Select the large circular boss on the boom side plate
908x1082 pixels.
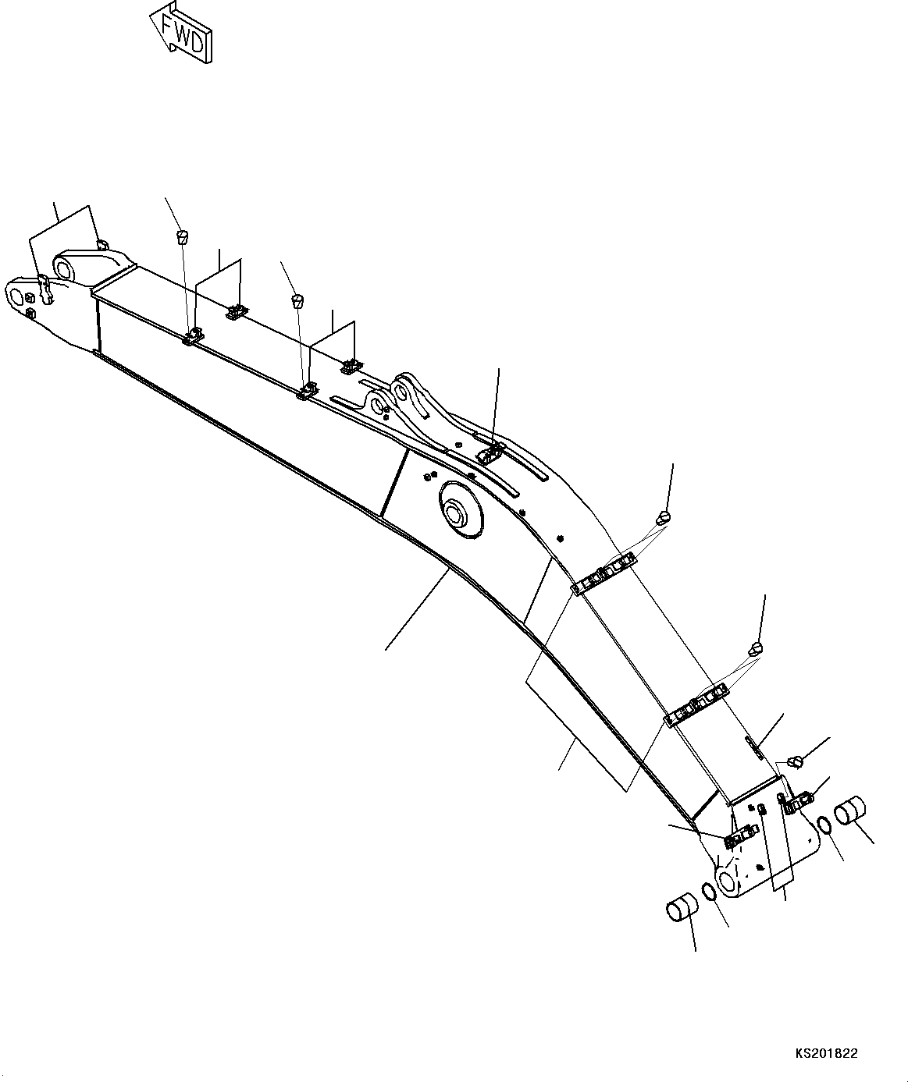(x=461, y=510)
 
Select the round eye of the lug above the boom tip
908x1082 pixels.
(x=65, y=269)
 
